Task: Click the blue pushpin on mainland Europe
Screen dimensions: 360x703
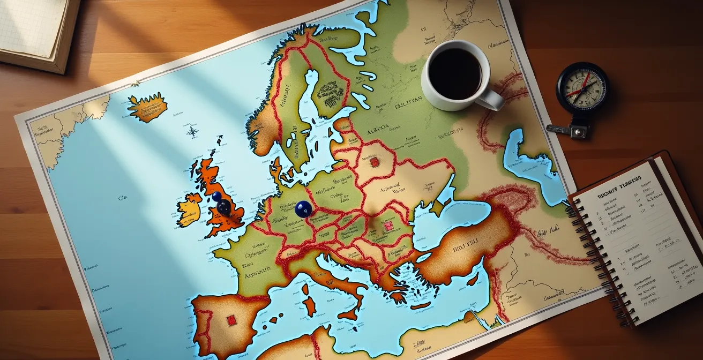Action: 303,209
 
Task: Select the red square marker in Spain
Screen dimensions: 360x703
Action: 231,320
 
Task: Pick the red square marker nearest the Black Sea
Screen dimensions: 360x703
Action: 388,226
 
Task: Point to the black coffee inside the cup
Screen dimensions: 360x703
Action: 455,73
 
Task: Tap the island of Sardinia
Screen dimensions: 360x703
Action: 309,305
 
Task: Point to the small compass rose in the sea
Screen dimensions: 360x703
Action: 192,131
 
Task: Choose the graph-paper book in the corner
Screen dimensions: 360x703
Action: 35,29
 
